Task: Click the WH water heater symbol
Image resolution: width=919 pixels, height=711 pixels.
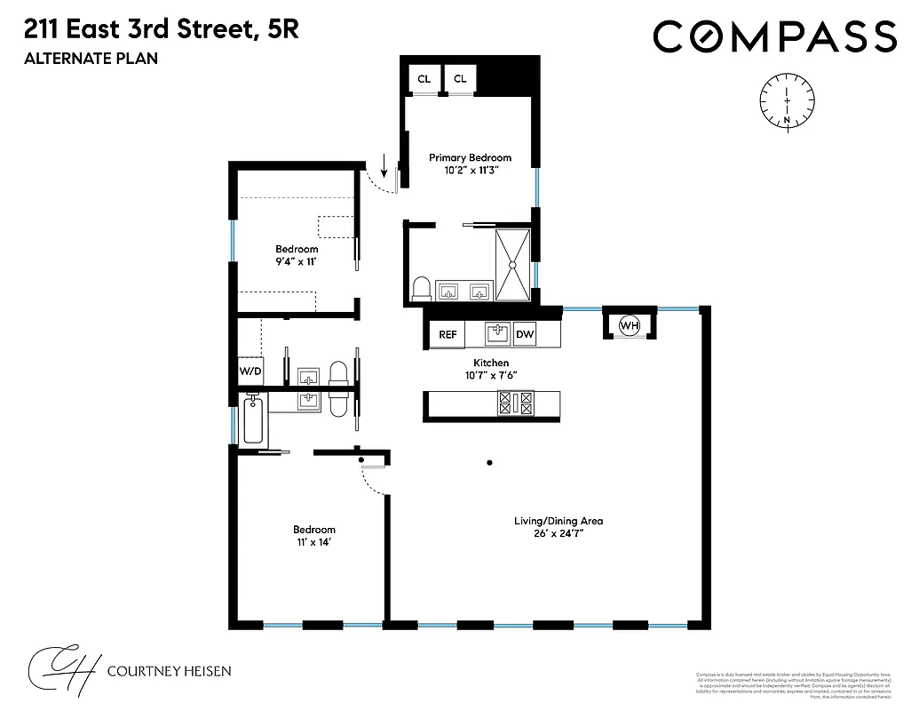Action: (630, 325)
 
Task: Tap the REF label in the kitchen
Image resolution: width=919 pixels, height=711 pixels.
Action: (448, 335)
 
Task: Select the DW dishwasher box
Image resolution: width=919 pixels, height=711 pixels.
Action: (525, 335)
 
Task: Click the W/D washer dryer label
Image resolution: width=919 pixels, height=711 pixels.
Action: (250, 371)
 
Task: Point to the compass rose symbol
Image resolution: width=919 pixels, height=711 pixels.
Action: (788, 100)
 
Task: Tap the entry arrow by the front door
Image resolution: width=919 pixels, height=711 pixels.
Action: (384, 165)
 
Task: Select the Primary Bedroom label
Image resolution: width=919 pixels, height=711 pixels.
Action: (470, 157)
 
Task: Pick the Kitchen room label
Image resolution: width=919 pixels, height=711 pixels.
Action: (490, 363)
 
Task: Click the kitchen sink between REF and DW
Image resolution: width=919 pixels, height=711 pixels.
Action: (497, 334)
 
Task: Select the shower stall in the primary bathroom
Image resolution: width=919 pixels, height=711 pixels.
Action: (513, 265)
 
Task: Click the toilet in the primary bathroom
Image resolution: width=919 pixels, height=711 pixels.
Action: (422, 288)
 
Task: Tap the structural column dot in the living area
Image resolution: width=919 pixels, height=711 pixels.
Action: (489, 461)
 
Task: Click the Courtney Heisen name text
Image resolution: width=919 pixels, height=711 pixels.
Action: (168, 670)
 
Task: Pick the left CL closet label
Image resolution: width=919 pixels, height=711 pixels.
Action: (424, 79)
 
